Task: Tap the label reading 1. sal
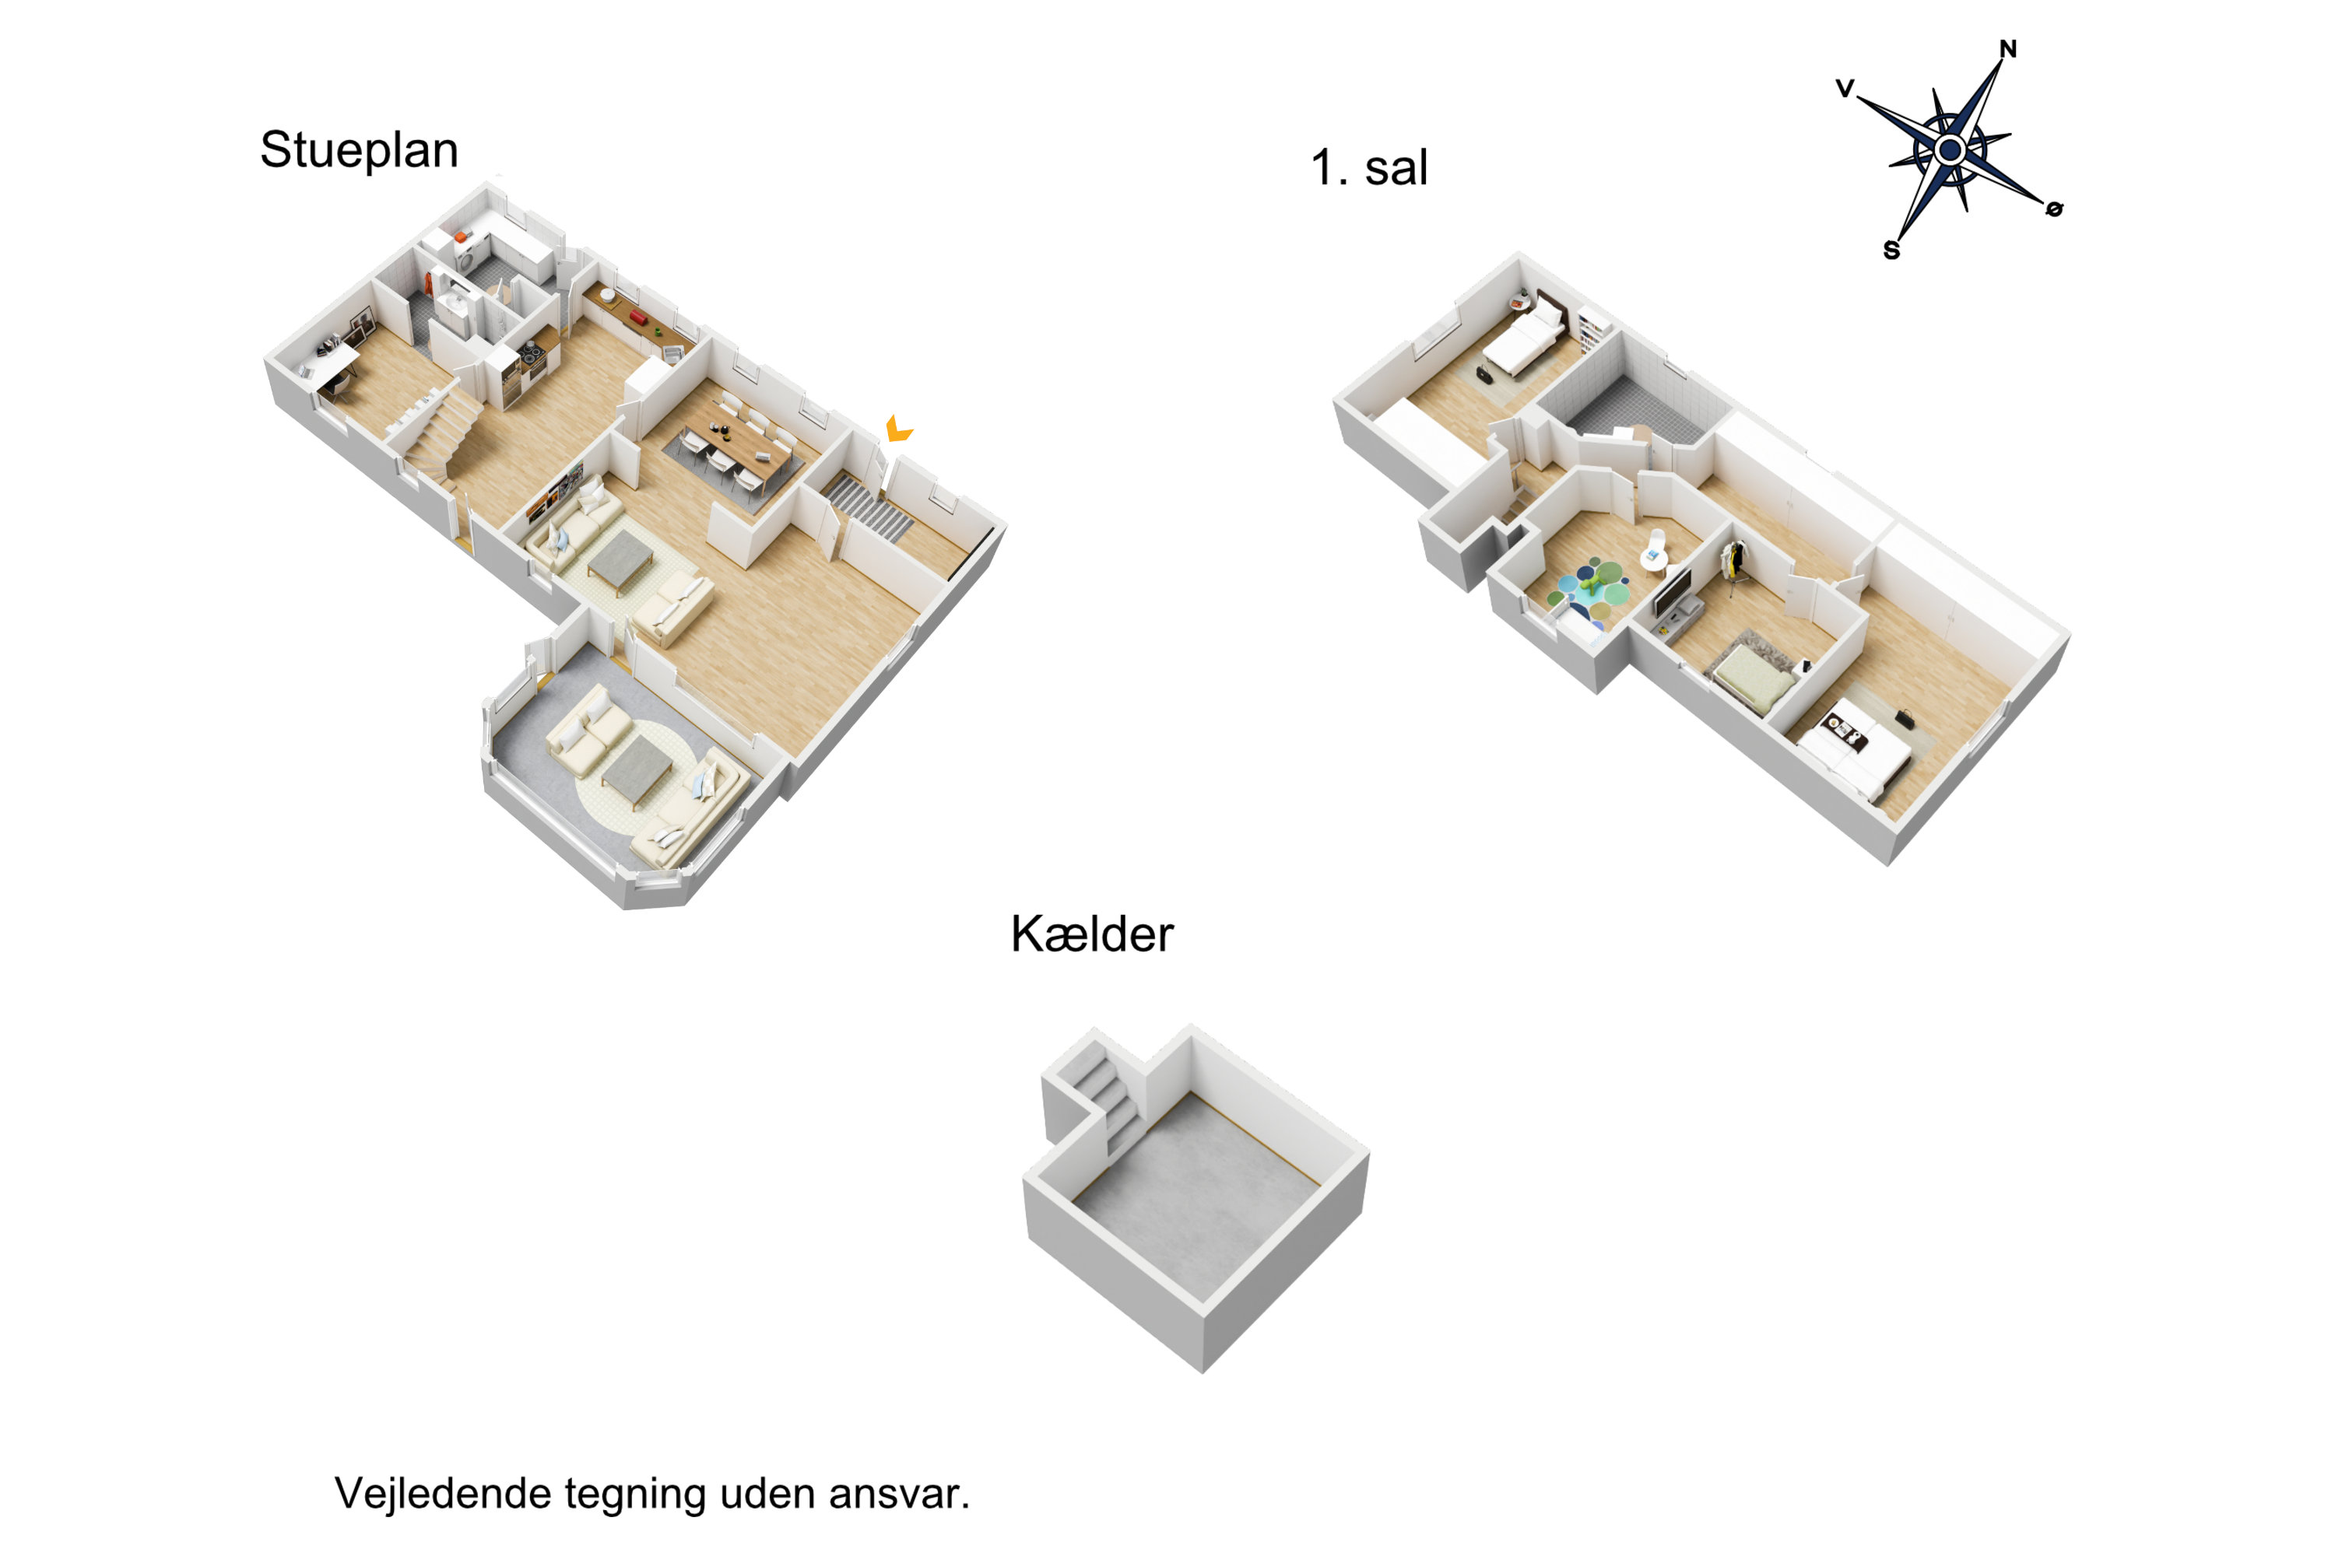[x=1368, y=168]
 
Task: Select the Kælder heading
[x=1091, y=935]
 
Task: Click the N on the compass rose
[x=2007, y=48]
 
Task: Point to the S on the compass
[x=1891, y=250]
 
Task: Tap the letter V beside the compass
[x=1845, y=89]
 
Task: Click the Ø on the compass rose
[x=2054, y=209]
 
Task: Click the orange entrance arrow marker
[x=897, y=429]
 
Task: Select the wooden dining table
[x=739, y=443]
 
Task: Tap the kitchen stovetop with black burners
[x=530, y=352]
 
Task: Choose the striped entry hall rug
[x=869, y=507]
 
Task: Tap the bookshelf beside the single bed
[x=1589, y=328]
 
